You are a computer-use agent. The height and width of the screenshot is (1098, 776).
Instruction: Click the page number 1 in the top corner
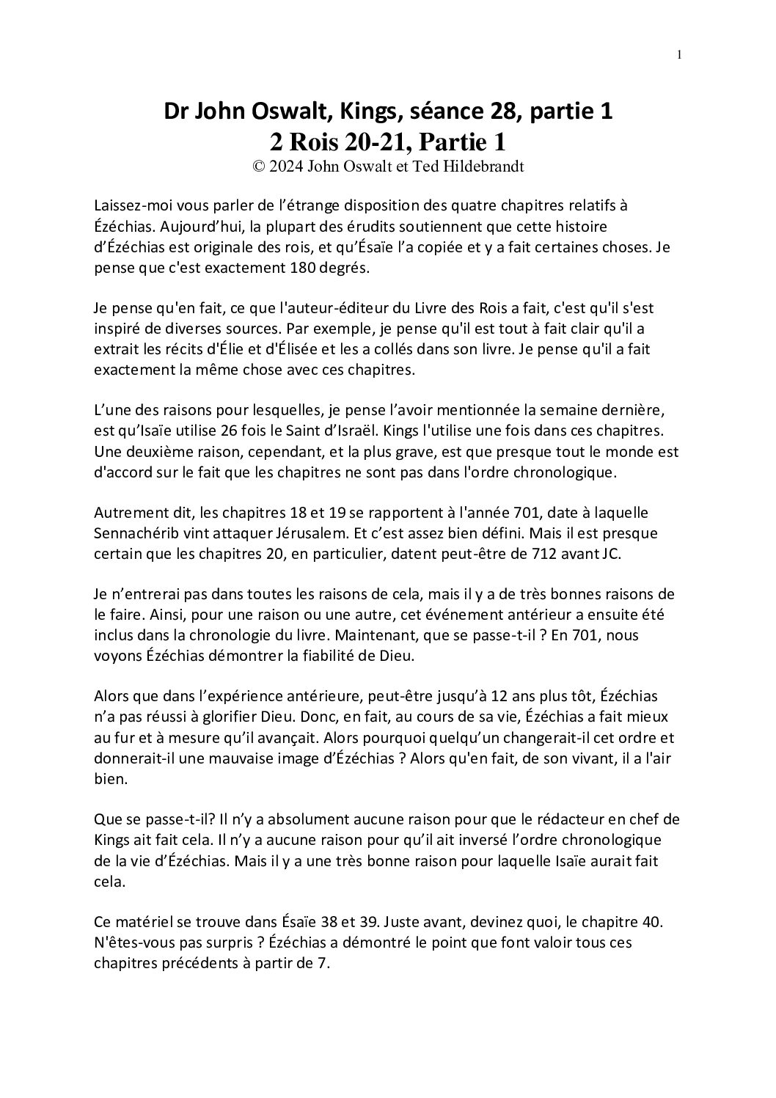(x=679, y=55)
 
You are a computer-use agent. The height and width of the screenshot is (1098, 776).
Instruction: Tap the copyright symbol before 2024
(x=258, y=166)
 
